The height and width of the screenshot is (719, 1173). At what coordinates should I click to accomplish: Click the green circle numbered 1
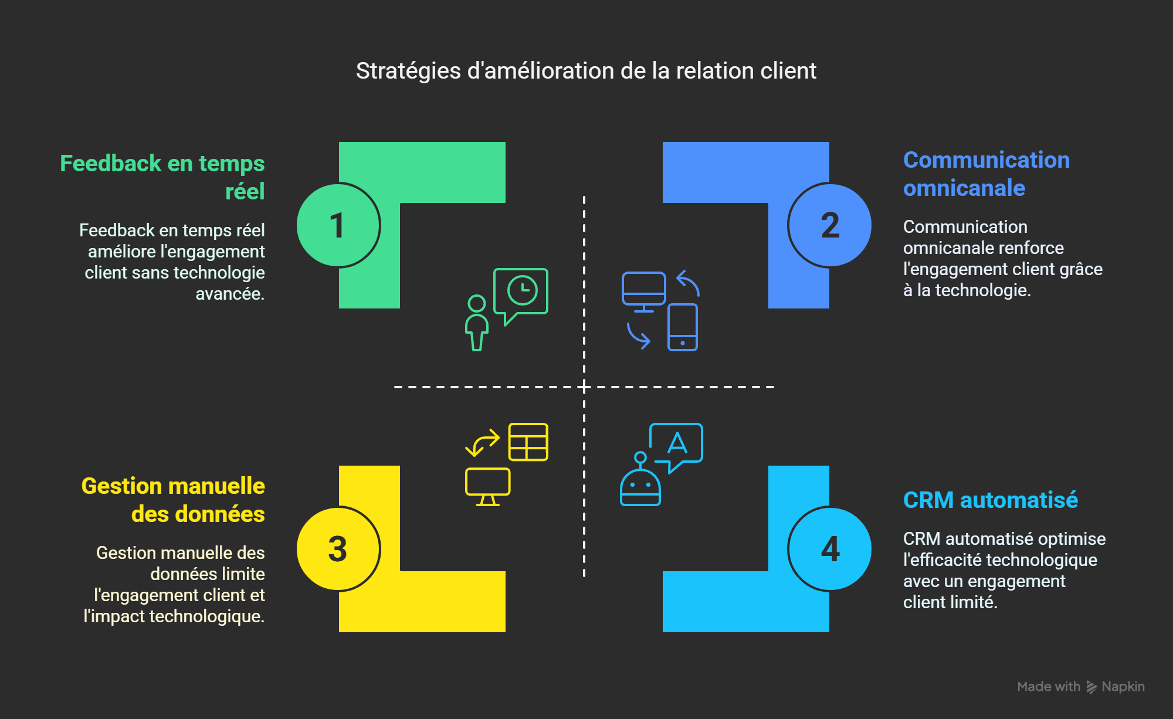coord(338,225)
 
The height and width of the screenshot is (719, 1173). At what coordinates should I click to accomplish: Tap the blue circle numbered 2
coord(829,225)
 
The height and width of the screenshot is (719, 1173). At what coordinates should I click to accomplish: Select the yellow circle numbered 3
coord(338,549)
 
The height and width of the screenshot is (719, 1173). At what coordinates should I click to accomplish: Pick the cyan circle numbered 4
coord(829,549)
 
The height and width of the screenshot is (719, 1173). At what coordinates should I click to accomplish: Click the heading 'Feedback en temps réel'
coord(162,177)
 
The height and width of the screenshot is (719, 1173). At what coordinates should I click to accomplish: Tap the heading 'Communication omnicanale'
coord(986,174)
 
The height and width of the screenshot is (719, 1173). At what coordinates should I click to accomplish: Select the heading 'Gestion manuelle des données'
coord(173,500)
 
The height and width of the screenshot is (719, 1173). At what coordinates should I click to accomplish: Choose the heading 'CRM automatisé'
coord(990,500)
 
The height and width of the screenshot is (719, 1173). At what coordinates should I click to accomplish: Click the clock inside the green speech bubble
coord(522,290)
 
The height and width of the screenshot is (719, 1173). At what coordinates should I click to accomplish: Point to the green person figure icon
coord(477,323)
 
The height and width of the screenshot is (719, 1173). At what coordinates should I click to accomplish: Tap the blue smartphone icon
coord(683,327)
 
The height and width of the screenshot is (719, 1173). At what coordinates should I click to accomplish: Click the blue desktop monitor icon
coord(643,290)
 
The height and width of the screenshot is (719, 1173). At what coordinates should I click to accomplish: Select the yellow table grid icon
coord(528,442)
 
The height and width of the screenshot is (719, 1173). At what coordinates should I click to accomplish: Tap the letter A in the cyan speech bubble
coord(677,443)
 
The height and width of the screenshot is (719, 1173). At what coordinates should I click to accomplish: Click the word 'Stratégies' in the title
coord(408,71)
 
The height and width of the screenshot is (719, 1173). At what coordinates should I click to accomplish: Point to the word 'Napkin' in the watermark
coord(1123,687)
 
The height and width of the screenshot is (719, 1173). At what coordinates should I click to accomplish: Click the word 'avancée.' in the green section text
coord(229,294)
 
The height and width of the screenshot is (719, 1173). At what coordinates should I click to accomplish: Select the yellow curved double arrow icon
coord(482,443)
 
